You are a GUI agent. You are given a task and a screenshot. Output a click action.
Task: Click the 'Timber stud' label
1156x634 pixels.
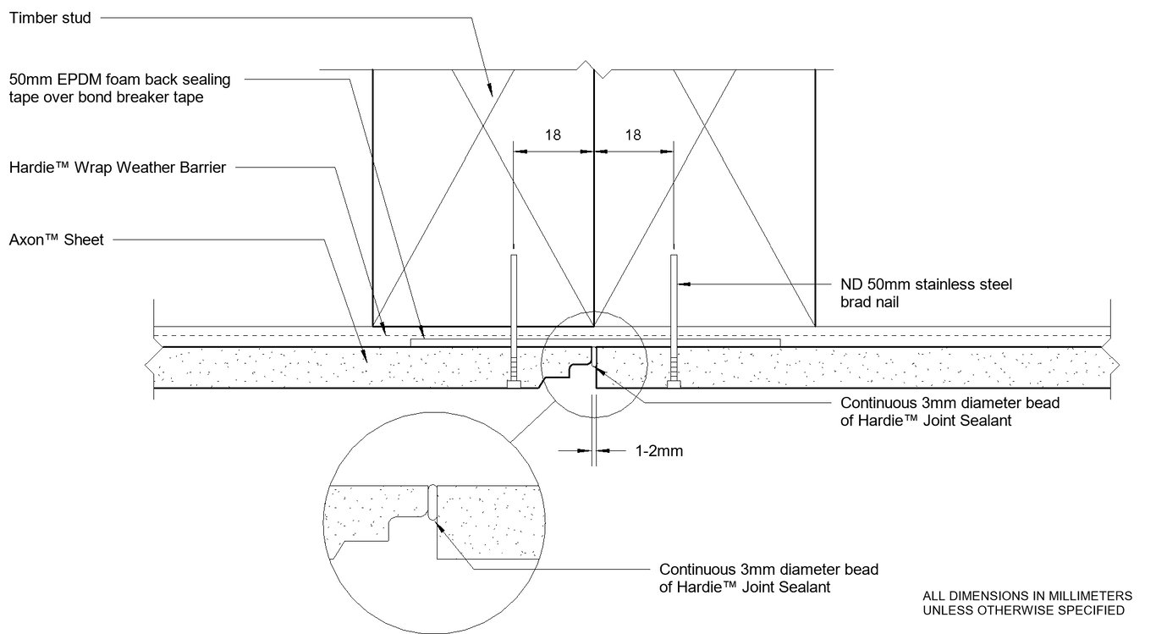tap(49, 18)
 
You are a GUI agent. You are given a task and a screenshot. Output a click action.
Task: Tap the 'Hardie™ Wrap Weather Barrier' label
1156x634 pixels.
tap(118, 168)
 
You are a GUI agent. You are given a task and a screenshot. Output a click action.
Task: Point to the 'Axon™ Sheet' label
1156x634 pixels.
tap(56, 240)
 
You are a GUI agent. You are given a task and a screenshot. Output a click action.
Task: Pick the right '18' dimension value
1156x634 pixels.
tap(633, 134)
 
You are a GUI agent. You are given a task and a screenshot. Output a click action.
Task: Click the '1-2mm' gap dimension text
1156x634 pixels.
tap(658, 451)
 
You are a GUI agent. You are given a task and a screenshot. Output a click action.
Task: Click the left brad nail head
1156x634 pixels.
tap(514, 385)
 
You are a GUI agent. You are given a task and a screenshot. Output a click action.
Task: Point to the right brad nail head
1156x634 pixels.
tap(674, 385)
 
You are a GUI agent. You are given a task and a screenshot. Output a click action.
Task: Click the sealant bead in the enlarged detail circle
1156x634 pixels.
tap(432, 503)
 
